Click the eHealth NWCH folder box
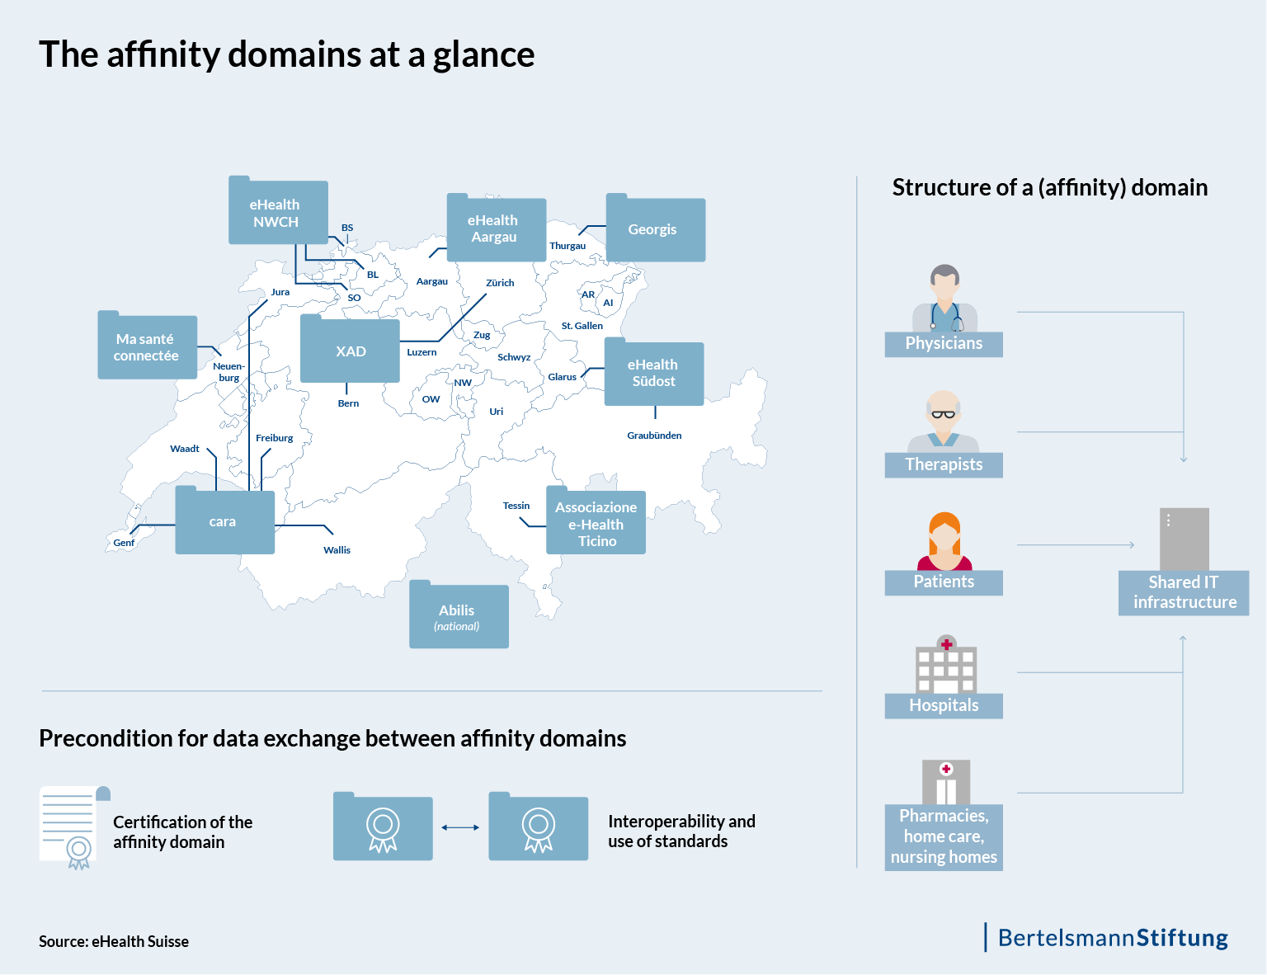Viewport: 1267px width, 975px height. [278, 213]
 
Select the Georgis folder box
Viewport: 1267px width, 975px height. [656, 229]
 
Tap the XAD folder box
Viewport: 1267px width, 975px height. [350, 351]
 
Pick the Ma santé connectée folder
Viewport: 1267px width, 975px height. [147, 347]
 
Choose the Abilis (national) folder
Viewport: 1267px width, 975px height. [459, 616]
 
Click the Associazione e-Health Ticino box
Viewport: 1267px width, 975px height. [596, 523]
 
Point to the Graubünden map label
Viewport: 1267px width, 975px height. [654, 436]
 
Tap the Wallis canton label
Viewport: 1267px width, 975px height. [337, 550]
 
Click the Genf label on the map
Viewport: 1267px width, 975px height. [124, 543]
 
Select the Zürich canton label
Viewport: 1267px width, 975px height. [500, 283]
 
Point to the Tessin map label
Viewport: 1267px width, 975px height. [516, 506]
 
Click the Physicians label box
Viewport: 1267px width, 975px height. [944, 344]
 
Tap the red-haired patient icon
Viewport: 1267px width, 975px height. [944, 541]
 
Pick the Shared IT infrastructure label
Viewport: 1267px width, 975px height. [1184, 592]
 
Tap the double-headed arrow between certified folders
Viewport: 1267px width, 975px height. [460, 827]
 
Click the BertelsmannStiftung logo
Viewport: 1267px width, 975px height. [1111, 938]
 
